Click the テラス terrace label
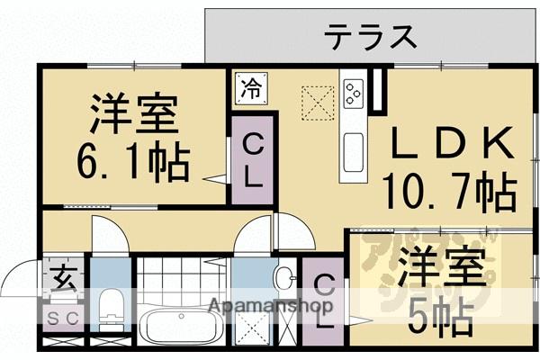[370, 38]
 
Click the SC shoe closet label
[61, 316]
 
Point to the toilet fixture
[111, 306]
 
